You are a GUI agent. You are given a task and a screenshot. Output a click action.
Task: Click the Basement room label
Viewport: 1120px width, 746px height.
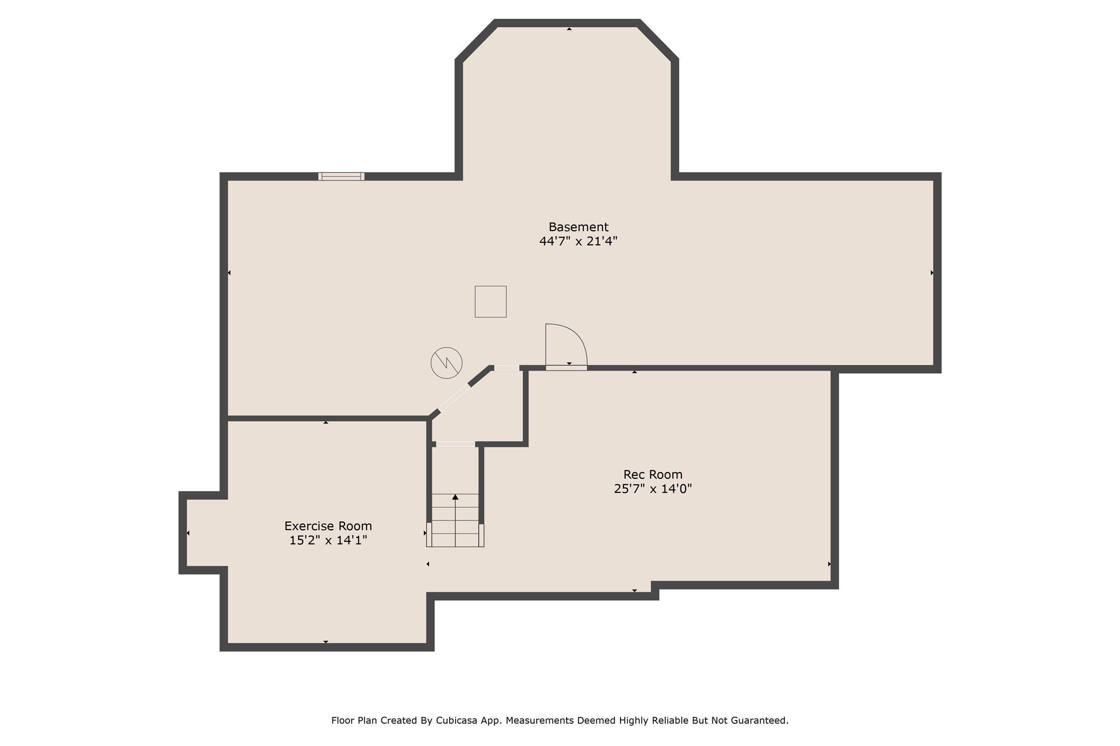point(578,227)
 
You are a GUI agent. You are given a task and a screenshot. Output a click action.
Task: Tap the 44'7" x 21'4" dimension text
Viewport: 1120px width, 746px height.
point(578,241)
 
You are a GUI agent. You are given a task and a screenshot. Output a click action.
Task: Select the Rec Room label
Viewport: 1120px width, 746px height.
point(653,474)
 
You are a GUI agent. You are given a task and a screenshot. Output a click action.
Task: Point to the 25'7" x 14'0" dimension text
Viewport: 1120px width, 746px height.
point(653,489)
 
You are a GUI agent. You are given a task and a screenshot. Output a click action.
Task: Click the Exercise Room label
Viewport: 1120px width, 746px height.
point(328,526)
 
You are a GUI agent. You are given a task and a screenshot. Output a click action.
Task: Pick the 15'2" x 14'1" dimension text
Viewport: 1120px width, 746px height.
point(328,540)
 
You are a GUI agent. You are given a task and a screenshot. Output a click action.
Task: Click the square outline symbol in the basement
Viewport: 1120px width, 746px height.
point(491,302)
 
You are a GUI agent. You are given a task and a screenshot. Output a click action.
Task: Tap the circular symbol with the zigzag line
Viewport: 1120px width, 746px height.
point(446,363)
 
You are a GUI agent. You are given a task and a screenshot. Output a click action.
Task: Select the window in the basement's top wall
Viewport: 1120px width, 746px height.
point(341,176)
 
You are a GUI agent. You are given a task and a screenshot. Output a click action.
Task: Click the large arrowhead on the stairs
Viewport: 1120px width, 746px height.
point(455,497)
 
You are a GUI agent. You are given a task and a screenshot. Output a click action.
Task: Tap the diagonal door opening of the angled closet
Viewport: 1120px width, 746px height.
point(454,398)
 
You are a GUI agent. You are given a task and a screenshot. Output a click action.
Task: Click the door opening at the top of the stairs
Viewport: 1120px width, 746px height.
point(455,444)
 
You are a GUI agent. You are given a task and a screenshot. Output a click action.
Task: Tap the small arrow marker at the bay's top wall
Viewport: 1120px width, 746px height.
point(569,29)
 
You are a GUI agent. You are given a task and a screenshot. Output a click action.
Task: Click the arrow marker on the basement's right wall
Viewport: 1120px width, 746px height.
point(932,273)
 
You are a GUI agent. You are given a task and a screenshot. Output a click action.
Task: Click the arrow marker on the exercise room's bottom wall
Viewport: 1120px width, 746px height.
point(326,642)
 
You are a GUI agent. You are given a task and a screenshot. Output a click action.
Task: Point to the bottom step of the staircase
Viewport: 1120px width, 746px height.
point(455,540)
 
